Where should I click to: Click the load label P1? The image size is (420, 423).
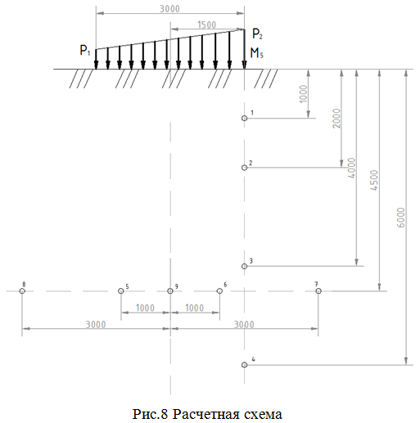(85, 51)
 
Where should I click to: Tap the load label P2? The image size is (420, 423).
(257, 34)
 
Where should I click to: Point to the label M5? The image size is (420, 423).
(257, 53)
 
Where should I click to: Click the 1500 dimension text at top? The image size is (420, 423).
(206, 25)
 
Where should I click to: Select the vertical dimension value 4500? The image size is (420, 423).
(374, 180)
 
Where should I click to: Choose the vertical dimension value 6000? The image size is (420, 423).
(400, 218)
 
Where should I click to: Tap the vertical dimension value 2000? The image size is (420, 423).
(336, 119)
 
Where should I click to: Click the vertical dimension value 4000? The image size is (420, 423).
(352, 168)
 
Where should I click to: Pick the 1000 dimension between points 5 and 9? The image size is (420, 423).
(145, 308)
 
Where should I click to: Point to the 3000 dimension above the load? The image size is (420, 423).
(169, 9)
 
